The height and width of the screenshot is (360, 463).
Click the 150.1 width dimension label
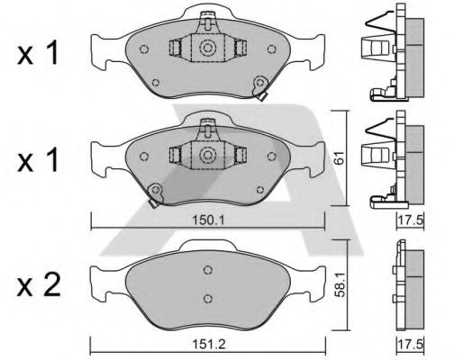click(x=208, y=220)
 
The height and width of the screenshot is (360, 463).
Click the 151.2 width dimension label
click(x=208, y=344)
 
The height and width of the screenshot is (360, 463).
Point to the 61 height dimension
click(x=340, y=157)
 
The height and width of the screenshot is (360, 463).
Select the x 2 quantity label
click(x=39, y=285)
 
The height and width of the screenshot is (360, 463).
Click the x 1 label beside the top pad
click(x=37, y=53)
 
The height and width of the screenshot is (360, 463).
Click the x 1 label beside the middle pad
click(x=37, y=160)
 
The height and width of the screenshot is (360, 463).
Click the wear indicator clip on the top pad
click(x=260, y=88)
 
